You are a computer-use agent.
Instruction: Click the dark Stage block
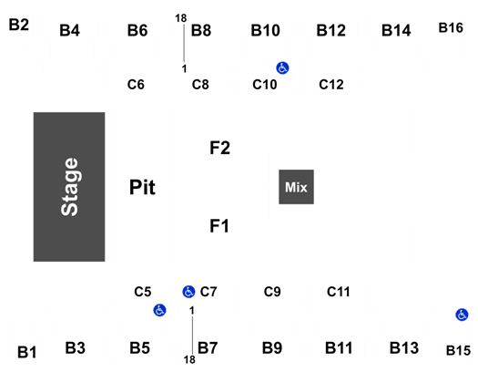pos(69,187)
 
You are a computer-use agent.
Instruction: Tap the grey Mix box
pos(296,187)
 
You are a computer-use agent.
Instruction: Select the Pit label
pos(142,187)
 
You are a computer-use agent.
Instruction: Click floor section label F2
pos(219,148)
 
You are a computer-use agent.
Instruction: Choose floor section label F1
pos(219,226)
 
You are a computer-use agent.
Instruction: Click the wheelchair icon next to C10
pos(282,67)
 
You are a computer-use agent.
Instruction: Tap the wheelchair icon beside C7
pos(188,292)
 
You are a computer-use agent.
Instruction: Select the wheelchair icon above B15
pos(462,315)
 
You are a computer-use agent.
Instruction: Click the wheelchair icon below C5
pos(159,310)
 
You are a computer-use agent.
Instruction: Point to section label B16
pos(451,27)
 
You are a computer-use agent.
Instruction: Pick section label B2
pos(18,25)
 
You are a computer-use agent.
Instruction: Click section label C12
pos(331,85)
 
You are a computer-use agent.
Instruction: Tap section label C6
pos(136,85)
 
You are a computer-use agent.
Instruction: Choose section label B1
pos(26,352)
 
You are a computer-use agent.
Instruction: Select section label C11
pos(338,292)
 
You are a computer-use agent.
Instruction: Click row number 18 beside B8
pos(181,18)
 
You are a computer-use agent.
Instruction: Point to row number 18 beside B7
pos(189,360)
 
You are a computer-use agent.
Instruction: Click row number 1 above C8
pos(184,68)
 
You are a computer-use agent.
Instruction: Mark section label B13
pos(404,347)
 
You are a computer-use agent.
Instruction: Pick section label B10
pos(265,30)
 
